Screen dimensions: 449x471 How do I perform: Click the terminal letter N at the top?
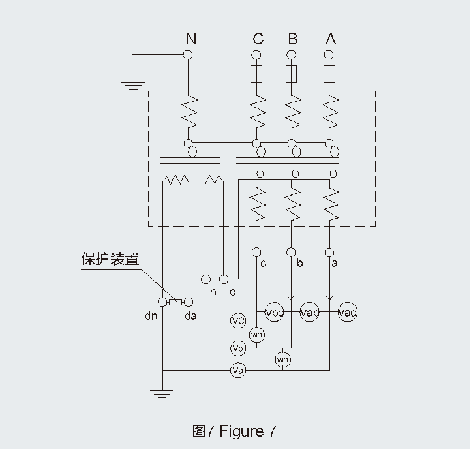190,39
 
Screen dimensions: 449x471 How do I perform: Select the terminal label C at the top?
258,39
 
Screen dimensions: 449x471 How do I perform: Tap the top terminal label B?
292,39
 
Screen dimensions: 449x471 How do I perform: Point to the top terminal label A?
331,39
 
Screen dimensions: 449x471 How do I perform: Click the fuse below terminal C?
257,74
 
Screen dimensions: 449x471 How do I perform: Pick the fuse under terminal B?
292,74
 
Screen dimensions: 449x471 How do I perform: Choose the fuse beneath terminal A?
330,74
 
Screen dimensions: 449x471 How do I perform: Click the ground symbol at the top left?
132,84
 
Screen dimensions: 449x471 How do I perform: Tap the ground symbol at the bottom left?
161,394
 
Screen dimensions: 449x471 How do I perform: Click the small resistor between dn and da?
175,302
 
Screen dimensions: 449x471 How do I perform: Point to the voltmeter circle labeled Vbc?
275,313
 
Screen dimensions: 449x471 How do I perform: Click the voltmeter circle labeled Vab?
310,313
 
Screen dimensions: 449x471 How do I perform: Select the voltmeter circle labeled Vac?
348,313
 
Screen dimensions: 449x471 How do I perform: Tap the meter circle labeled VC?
238,320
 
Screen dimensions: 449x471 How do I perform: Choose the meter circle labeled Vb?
238,347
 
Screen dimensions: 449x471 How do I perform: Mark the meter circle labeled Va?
238,371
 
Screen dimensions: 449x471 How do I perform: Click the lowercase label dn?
150,318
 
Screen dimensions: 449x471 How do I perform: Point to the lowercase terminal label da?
190,318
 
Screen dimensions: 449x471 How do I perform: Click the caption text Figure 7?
248,431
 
